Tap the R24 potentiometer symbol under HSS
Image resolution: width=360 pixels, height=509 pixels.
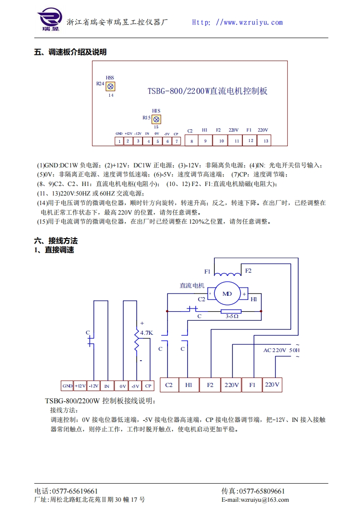tap(110, 86)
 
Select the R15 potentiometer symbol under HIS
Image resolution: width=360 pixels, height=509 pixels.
tap(156, 119)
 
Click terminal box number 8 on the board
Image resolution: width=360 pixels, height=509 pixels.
tap(192, 141)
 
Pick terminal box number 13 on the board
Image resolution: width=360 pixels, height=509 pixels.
tap(265, 141)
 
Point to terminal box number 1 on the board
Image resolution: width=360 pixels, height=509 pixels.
tap(119, 141)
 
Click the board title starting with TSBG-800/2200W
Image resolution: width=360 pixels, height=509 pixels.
tap(207, 91)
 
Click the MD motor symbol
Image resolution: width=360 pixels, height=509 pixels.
tap(227, 294)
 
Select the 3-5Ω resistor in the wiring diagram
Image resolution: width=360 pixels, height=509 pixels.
tap(231, 311)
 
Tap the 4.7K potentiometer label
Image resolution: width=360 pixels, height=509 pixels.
tap(147, 333)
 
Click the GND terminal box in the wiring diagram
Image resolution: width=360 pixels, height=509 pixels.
tap(67, 386)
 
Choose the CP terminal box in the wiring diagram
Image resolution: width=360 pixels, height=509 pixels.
tap(148, 386)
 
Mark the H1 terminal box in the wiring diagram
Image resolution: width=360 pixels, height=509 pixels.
tap(189, 385)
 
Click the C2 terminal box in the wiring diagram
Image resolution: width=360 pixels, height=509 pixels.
tap(169, 385)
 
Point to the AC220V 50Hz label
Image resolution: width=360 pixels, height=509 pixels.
tap(281, 350)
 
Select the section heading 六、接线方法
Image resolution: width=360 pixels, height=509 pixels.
tap(56, 241)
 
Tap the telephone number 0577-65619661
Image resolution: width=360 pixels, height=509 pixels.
tap(75, 491)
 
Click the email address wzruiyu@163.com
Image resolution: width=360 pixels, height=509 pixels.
tap(265, 499)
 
